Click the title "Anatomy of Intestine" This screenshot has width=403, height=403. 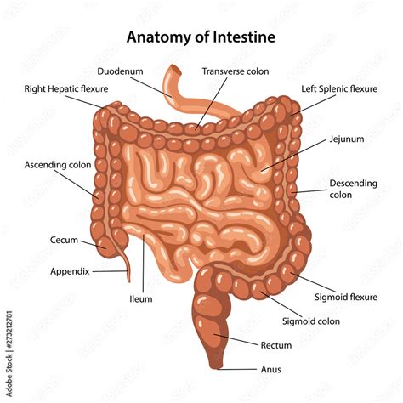[201, 37]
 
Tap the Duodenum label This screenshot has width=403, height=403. [120, 71]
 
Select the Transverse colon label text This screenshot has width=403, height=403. [236, 71]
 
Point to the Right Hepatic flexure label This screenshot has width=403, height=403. [66, 89]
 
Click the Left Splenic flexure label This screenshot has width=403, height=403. [339, 89]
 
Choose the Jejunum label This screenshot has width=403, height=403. [347, 139]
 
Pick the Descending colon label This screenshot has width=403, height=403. [353, 189]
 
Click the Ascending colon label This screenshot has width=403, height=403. [58, 165]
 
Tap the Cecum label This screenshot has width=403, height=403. [64, 240]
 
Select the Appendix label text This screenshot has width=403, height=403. [70, 271]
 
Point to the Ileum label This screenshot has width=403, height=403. [141, 299]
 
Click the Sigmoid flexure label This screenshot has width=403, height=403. [346, 298]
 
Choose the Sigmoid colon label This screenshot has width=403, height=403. [311, 321]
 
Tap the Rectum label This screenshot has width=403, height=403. [276, 345]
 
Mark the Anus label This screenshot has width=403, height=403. [271, 370]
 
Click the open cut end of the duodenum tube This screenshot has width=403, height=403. [176, 69]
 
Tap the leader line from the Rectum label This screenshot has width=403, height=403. [236, 340]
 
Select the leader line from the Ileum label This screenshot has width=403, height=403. [143, 264]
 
